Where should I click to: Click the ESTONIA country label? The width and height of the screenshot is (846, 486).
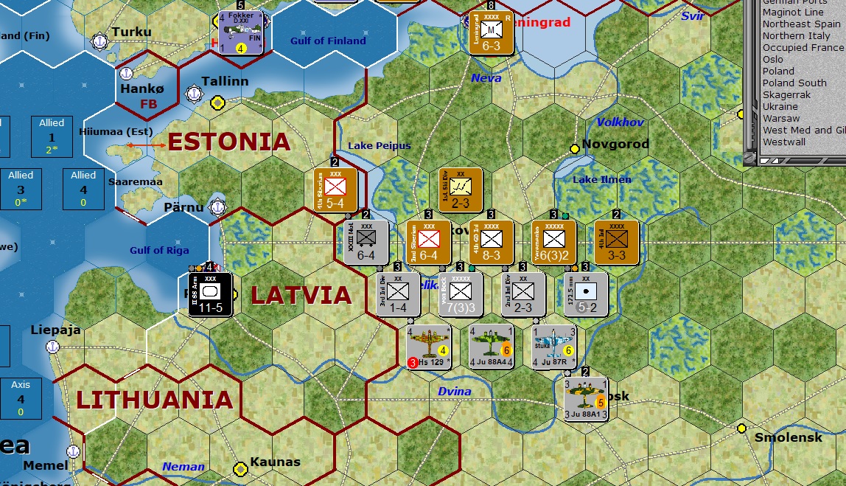click(x=229, y=142)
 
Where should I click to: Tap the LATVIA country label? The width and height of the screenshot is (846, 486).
click(x=301, y=295)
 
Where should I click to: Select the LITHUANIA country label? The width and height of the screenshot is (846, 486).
click(x=155, y=400)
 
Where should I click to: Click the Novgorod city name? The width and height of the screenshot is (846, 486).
click(x=615, y=145)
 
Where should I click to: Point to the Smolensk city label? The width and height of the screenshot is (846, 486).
click(x=788, y=438)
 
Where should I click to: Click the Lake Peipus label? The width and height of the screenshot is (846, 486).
click(x=379, y=145)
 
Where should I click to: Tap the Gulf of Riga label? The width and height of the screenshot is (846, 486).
click(x=159, y=250)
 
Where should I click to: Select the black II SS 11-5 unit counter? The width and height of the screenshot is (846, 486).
click(x=210, y=294)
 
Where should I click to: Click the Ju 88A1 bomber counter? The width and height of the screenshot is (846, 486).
click(x=586, y=399)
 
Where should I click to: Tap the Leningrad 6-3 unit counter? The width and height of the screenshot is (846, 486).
click(x=491, y=32)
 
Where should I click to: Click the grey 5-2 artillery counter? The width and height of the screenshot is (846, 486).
click(x=586, y=294)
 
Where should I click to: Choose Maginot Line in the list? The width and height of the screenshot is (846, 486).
click(x=793, y=13)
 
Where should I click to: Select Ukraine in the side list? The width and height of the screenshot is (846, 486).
click(x=780, y=107)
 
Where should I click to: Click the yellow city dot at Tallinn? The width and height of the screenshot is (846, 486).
click(x=217, y=102)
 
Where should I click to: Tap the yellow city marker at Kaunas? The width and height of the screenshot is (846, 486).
click(x=240, y=468)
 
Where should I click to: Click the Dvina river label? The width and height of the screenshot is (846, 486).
click(x=454, y=392)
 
